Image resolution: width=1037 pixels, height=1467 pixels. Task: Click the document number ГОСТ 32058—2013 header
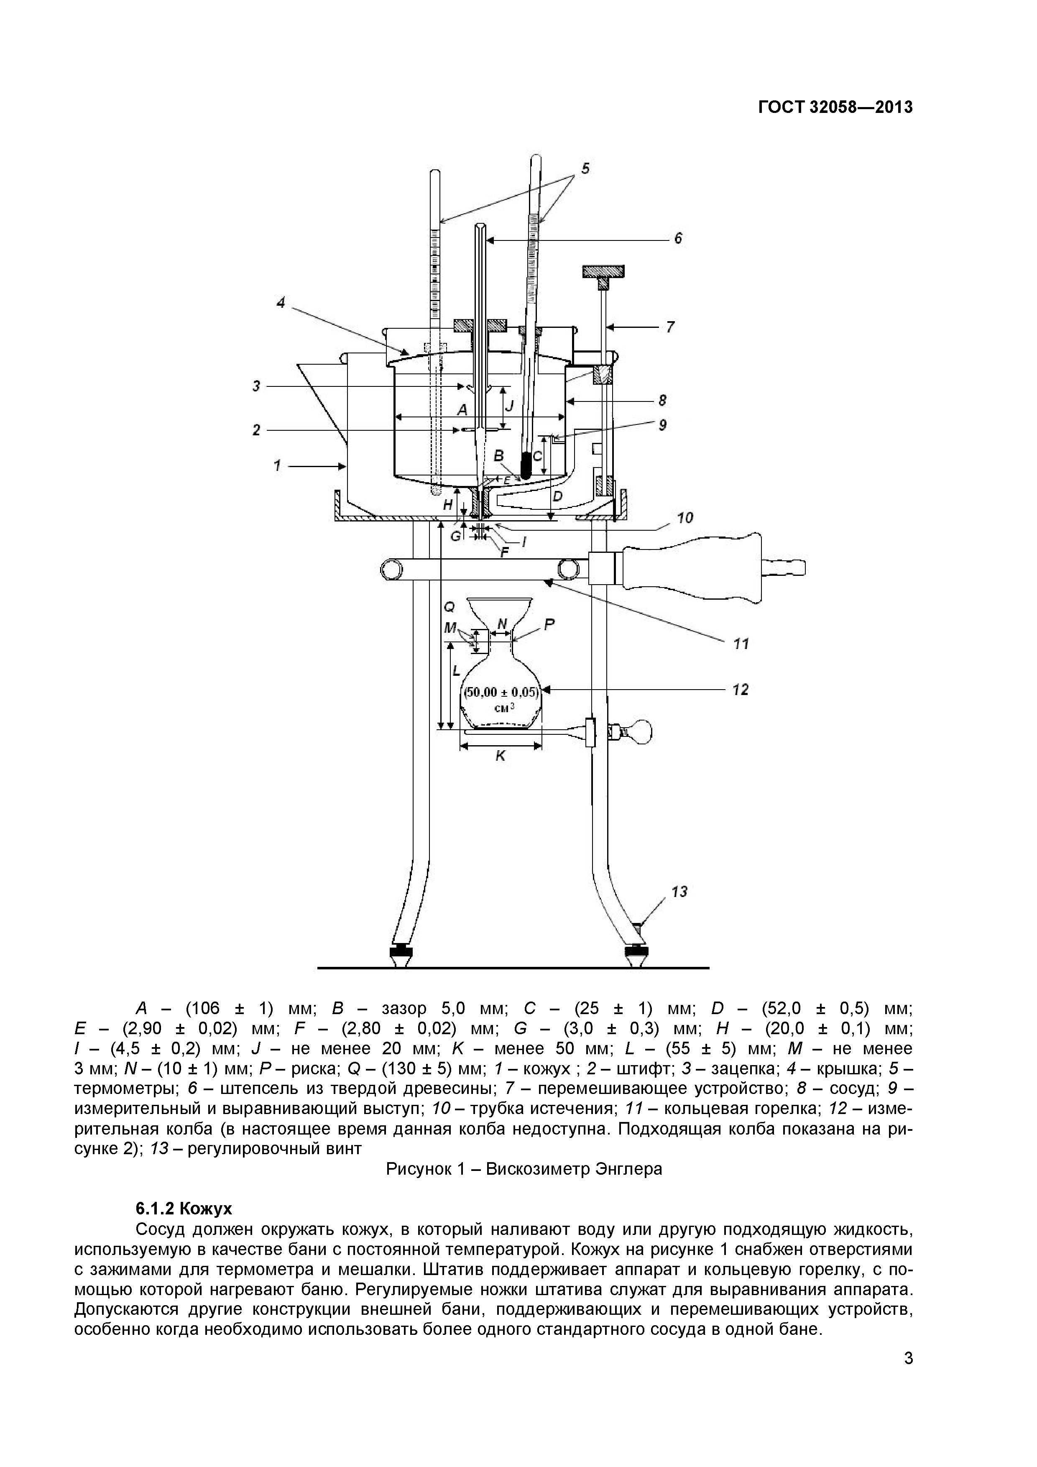tap(835, 107)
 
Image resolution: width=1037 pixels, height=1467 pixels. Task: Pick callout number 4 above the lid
tap(281, 303)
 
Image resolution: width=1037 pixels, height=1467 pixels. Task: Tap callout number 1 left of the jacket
tap(277, 466)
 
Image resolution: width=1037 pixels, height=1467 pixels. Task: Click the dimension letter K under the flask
tap(500, 756)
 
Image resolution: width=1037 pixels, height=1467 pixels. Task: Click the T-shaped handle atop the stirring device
tap(603, 273)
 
